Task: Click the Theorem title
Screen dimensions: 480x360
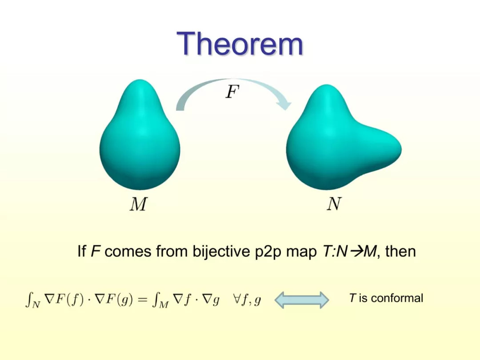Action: pyautogui.click(x=240, y=44)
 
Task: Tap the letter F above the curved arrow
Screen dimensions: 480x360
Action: pyautogui.click(x=232, y=92)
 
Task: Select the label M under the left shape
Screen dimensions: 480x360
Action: pyautogui.click(x=138, y=204)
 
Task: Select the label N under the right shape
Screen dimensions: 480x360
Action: pyautogui.click(x=334, y=204)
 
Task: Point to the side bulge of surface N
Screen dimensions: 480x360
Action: pyautogui.click(x=380, y=147)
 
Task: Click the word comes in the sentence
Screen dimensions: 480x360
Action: pyautogui.click(x=128, y=252)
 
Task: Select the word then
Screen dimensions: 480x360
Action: pyautogui.click(x=400, y=252)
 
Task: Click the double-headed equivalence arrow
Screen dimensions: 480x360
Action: pyautogui.click(x=302, y=300)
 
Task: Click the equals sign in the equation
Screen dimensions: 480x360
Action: pyautogui.click(x=142, y=300)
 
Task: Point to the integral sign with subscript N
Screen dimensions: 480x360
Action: pyautogui.click(x=32, y=300)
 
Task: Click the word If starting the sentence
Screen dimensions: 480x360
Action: pyautogui.click(x=82, y=252)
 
